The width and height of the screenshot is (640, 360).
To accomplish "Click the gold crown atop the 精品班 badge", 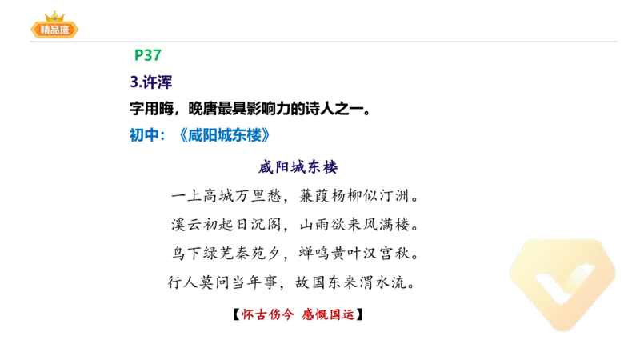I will pos(55,16).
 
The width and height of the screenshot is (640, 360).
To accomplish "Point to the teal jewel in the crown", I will pos(55,18).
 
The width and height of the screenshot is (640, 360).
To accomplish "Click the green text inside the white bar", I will pos(147,54).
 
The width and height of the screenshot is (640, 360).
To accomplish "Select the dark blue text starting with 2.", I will pos(150,81).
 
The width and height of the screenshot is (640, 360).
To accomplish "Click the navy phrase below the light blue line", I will pos(298,168).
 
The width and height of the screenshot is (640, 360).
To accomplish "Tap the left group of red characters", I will pos(268,314).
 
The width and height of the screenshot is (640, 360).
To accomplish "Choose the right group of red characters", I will pos(329,314).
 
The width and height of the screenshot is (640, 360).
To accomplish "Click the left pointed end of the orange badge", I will pos(30,30).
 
